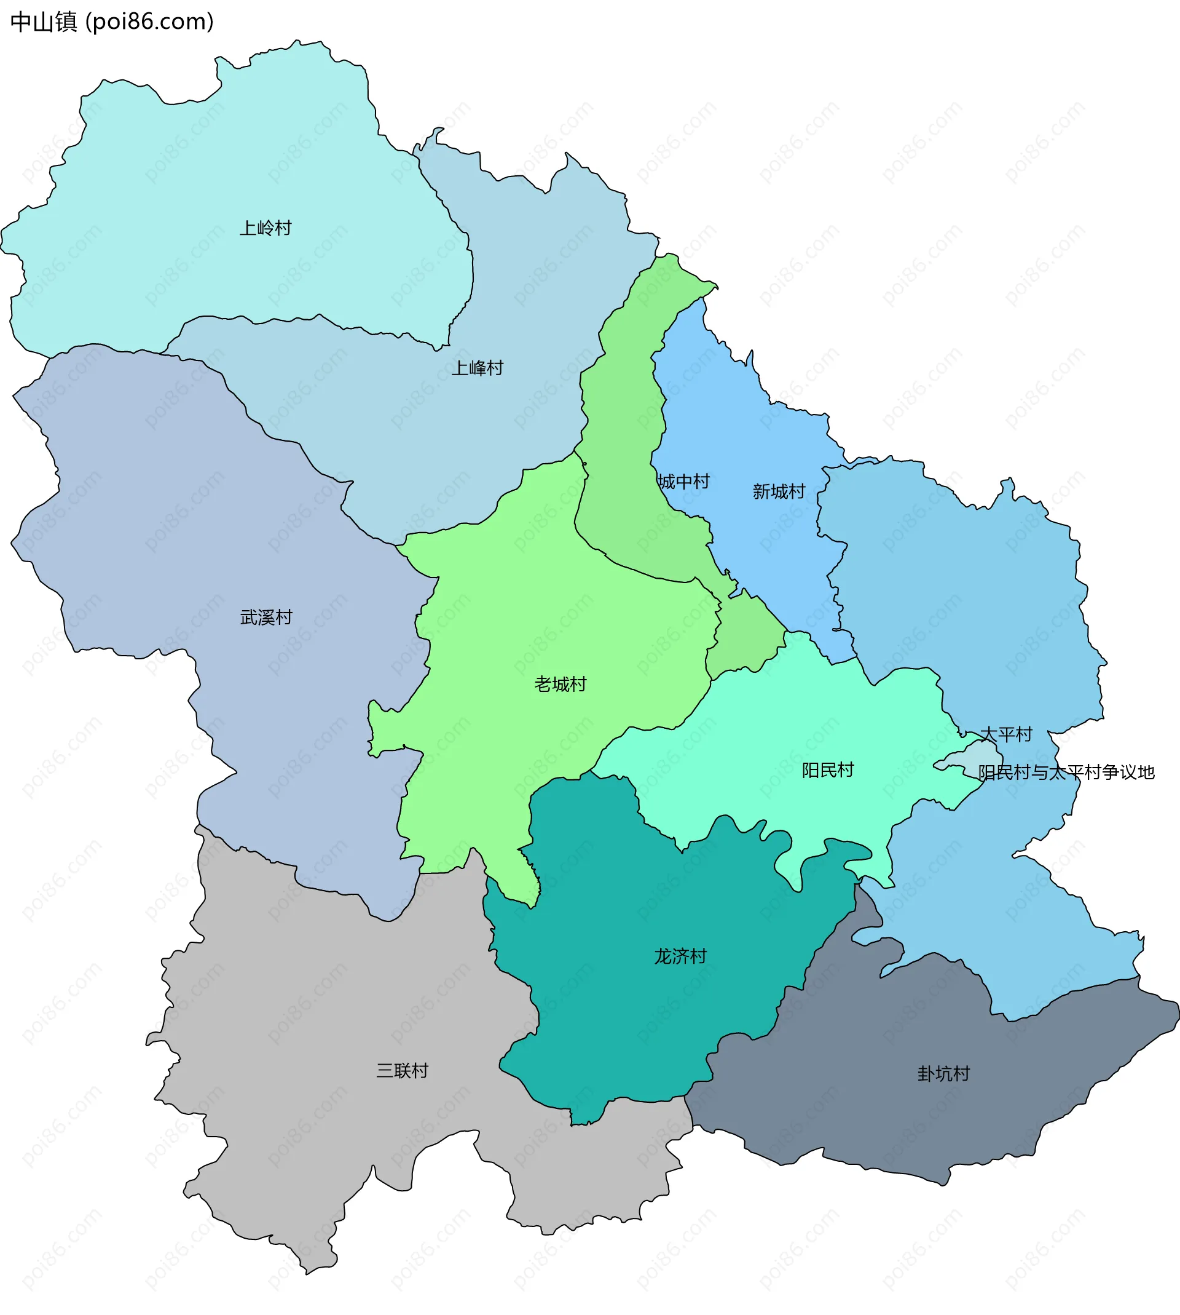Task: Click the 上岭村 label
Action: pyautogui.click(x=266, y=228)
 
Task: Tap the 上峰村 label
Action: pyautogui.click(x=477, y=368)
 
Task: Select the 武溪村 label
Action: pyautogui.click(x=266, y=617)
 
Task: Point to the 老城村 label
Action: pyautogui.click(x=560, y=685)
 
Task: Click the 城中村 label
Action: pyautogui.click(x=683, y=482)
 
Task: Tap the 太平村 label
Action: pyautogui.click(x=1005, y=734)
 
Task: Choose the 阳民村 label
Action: pyautogui.click(x=828, y=770)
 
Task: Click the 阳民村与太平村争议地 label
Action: pyautogui.click(x=1066, y=772)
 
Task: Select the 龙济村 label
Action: pyautogui.click(x=680, y=956)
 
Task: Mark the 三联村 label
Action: pyautogui.click(x=402, y=1070)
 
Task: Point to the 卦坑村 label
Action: pyautogui.click(x=943, y=1074)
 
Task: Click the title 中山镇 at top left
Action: pyautogui.click(x=44, y=22)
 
